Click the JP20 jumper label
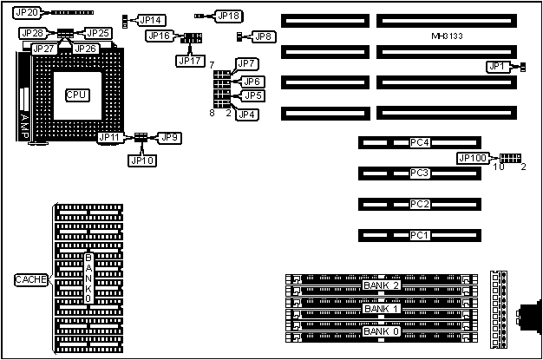28,14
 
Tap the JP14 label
151,19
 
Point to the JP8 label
263,36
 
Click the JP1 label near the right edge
496,66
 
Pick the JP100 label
473,159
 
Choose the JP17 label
189,60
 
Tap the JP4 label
247,114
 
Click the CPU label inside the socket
76,94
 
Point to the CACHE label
31,279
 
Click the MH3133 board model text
448,36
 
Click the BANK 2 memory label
382,285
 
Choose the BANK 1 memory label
382,308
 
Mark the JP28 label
33,33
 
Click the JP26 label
85,49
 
